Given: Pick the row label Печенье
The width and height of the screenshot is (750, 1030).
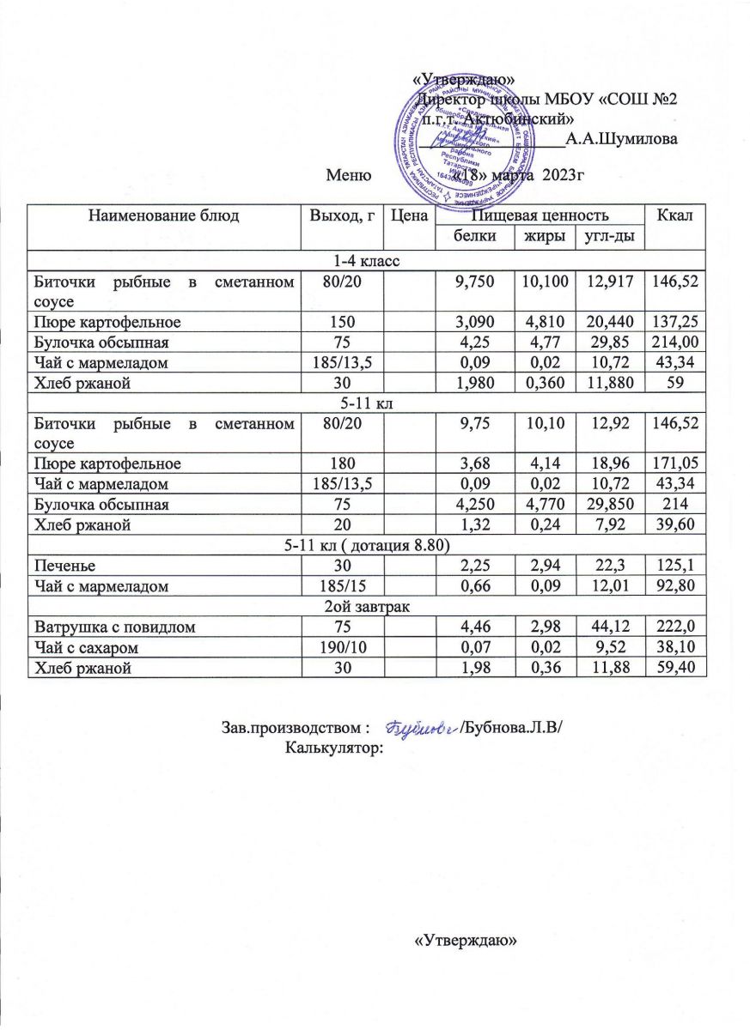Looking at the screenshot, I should [59, 566].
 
